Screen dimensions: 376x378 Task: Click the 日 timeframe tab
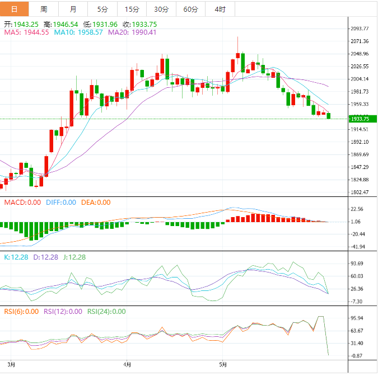coord(14,9)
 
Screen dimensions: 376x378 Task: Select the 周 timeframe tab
coord(44,9)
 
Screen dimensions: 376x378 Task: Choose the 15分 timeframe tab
coord(132,9)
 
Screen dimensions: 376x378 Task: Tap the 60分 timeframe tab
coord(190,9)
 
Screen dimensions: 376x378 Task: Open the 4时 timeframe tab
coord(220,9)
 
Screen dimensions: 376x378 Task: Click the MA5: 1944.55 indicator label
coord(26,32)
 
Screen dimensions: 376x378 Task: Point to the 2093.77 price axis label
coord(358,29)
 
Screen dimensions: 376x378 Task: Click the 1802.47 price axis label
coord(358,192)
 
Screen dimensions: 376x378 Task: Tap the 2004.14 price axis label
coord(358,79)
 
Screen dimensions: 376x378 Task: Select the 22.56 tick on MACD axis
coord(356,209)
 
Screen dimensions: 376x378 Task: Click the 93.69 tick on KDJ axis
coord(356,264)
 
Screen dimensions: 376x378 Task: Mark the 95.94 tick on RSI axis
coord(356,318)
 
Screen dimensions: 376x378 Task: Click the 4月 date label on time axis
coord(128,365)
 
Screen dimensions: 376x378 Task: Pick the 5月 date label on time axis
coord(223,365)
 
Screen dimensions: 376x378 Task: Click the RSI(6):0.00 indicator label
coord(21,312)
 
